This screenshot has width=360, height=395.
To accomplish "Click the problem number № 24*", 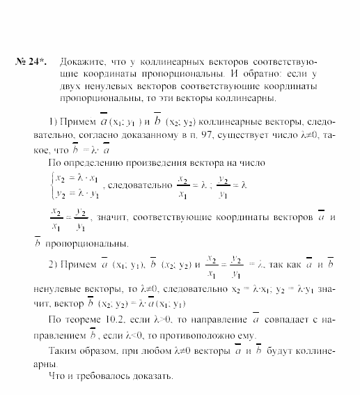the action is tap(31, 61).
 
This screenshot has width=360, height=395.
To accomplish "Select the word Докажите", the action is tap(81, 61).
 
